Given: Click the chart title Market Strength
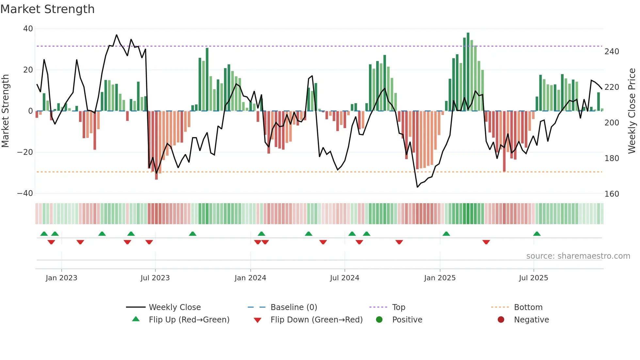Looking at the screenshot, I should click(x=47, y=9).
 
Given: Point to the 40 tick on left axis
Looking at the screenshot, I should click(x=28, y=29).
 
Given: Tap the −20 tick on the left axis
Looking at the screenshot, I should click(x=25, y=152).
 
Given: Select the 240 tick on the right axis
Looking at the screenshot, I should click(x=612, y=52).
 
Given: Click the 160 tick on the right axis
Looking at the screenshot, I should click(x=612, y=194).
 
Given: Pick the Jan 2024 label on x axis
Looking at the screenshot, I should click(x=250, y=278).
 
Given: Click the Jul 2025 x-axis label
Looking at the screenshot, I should click(x=533, y=278).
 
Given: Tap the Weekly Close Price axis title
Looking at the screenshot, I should click(x=632, y=111).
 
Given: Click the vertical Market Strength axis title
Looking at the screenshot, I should click(x=6, y=111).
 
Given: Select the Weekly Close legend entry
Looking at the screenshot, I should click(x=175, y=307).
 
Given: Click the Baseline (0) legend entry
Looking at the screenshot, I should click(x=294, y=307).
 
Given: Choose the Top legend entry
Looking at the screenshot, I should click(x=398, y=307).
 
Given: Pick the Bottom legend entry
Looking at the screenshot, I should click(x=528, y=307).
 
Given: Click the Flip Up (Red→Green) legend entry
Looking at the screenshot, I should click(x=189, y=320).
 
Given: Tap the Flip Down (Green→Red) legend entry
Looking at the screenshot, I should click(x=316, y=320).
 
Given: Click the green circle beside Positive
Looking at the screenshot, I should click(x=379, y=320).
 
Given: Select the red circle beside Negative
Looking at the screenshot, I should click(x=501, y=320).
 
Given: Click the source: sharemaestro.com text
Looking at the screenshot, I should click(x=578, y=256).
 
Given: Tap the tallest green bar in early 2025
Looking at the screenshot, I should click(x=468, y=72).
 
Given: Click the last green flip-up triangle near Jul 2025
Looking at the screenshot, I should click(x=537, y=234).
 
